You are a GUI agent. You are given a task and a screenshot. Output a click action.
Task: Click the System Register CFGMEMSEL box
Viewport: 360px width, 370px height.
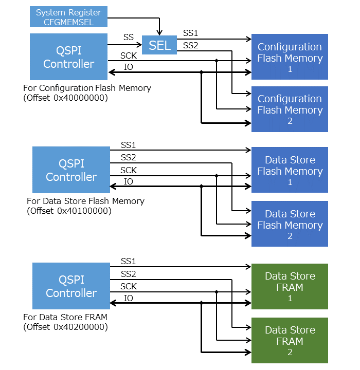[68, 16]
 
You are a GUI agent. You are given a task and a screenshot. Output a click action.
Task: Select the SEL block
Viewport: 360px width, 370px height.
[159, 45]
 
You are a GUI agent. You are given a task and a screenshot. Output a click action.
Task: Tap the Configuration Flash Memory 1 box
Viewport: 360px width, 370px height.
[290, 57]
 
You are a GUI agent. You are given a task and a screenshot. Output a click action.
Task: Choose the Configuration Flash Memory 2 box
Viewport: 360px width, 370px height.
[290, 109]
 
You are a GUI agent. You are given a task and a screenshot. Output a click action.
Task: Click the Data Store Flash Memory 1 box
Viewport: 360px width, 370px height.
[290, 171]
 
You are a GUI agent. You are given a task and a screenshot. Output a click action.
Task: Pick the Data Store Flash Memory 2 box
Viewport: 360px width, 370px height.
[290, 225]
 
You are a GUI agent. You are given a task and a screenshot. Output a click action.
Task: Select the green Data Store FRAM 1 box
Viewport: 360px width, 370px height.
[290, 287]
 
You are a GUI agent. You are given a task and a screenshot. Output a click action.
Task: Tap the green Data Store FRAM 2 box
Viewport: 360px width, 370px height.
[290, 341]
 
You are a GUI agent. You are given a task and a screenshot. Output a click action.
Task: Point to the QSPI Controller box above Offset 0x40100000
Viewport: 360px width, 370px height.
[71, 170]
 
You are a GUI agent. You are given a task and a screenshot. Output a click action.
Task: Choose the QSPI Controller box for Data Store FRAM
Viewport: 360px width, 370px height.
[71, 286]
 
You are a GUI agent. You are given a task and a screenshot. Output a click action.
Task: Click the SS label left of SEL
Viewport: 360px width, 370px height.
[129, 38]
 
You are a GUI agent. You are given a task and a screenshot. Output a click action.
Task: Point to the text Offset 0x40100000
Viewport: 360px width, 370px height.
[69, 211]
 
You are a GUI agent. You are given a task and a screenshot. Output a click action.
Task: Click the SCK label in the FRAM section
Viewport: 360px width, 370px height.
[129, 286]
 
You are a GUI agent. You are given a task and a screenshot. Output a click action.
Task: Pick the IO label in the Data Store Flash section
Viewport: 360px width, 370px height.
[129, 181]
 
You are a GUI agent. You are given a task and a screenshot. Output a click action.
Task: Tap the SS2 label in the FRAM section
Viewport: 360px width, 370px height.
[129, 274]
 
